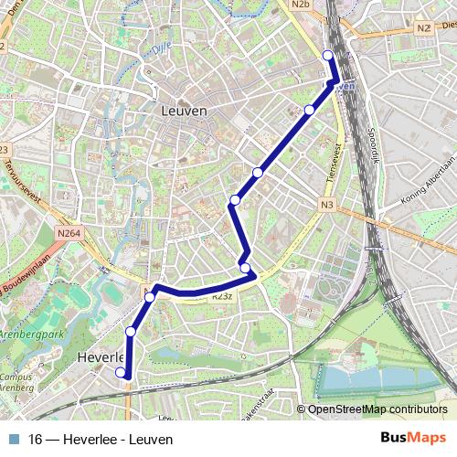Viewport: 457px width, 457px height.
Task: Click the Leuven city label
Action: pyautogui.click(x=184, y=111)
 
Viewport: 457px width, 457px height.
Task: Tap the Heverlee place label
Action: pyautogui.click(x=101, y=356)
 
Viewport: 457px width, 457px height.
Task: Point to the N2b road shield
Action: pyautogui.click(x=302, y=5)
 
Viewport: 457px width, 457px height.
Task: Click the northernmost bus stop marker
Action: pyautogui.click(x=328, y=56)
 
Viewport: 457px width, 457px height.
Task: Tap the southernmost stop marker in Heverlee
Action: pyautogui.click(x=120, y=372)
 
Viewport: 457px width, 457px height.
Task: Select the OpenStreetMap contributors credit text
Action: pyautogui.click(x=377, y=409)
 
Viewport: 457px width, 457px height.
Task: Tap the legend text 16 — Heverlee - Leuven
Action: pyautogui.click(x=101, y=439)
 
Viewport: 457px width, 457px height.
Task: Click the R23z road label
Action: pyautogui.click(x=221, y=297)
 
